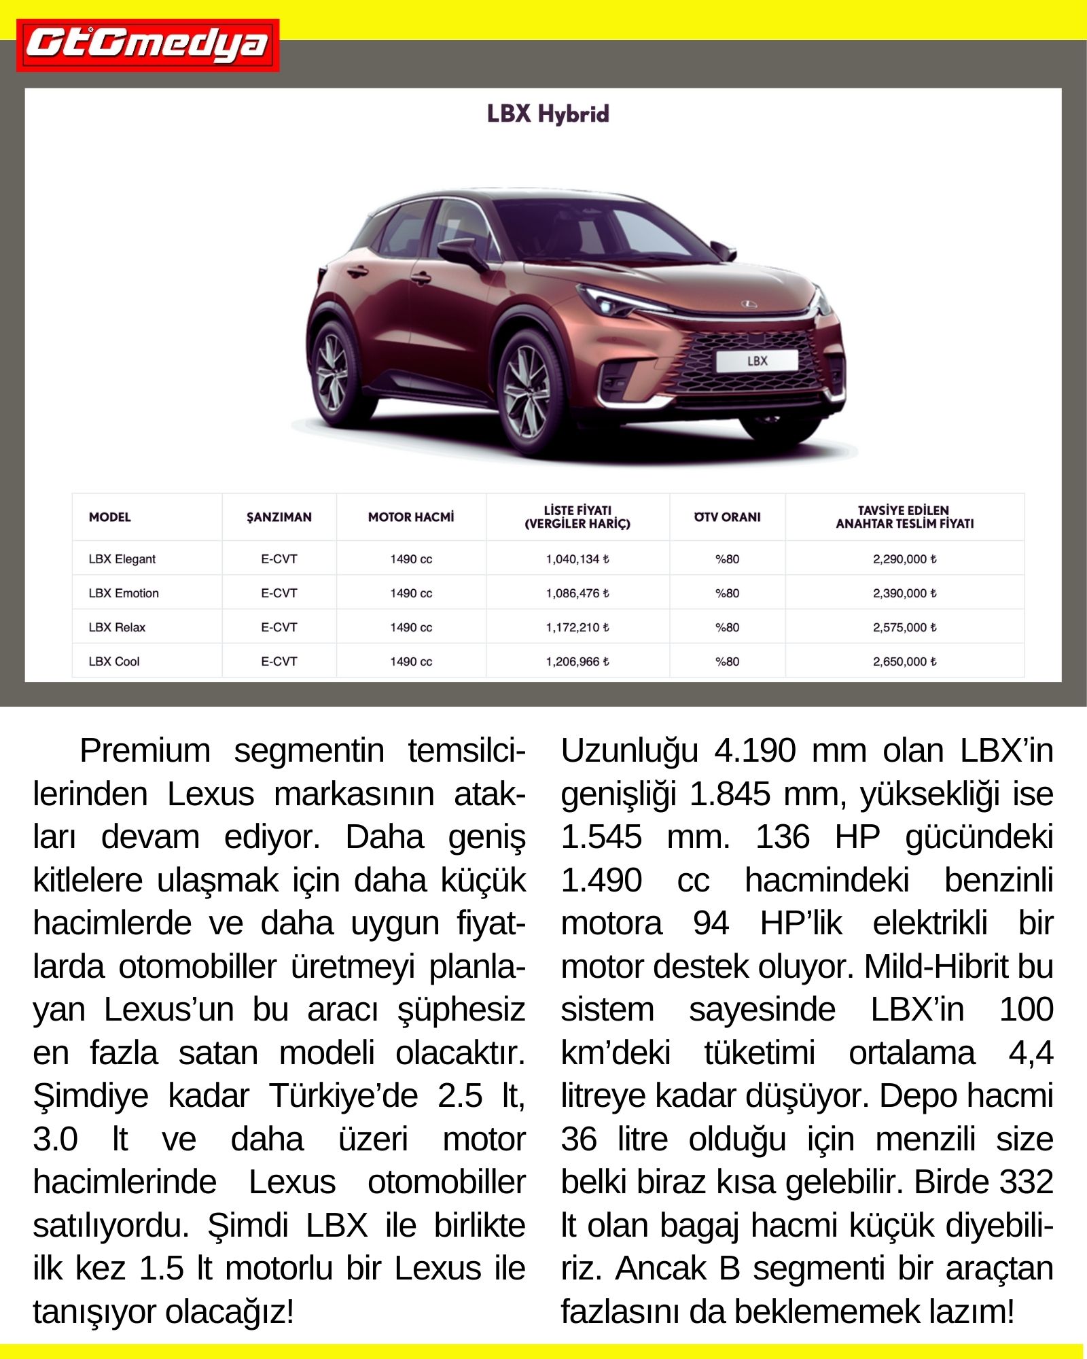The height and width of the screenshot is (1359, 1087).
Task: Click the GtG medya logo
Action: pyautogui.click(x=147, y=46)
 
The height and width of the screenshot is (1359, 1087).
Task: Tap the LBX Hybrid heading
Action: pyautogui.click(x=548, y=114)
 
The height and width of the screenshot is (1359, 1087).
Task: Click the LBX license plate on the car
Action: pyautogui.click(x=757, y=361)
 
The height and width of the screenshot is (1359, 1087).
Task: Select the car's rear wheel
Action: pyautogui.click(x=333, y=372)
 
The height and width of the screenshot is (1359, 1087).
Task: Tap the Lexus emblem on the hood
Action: pyautogui.click(x=748, y=304)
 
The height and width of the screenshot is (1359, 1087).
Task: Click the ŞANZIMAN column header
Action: pyautogui.click(x=279, y=517)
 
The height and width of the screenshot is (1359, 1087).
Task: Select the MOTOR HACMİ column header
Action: pyautogui.click(x=410, y=517)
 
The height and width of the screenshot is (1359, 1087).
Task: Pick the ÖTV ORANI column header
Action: pyautogui.click(x=727, y=517)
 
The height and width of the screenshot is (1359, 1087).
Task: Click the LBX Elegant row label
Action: pyautogui.click(x=122, y=559)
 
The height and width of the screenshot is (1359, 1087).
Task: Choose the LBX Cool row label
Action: pyautogui.click(x=114, y=661)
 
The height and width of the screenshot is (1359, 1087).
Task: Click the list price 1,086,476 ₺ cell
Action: pyautogui.click(x=577, y=593)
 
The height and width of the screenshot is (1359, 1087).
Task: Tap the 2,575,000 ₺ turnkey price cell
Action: pyautogui.click(x=904, y=627)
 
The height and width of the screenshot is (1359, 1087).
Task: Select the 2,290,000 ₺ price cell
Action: pyautogui.click(x=904, y=559)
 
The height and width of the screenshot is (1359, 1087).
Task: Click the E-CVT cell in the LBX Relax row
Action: pyautogui.click(x=279, y=627)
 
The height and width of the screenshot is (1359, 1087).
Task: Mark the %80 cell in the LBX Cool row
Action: pyautogui.click(x=727, y=661)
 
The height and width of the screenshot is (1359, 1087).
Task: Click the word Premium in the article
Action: pyautogui.click(x=145, y=752)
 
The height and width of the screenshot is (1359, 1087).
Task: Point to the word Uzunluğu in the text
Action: pyautogui.click(x=629, y=752)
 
